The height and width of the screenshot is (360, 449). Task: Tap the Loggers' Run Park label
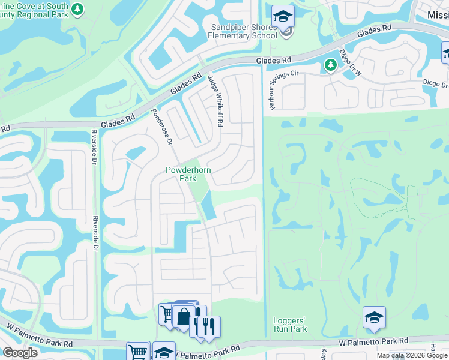(x=290, y=325)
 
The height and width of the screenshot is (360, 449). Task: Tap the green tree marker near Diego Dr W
(x=330, y=65)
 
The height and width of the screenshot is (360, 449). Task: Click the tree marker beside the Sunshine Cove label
(x=77, y=9)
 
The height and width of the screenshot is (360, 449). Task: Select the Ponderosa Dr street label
(x=162, y=127)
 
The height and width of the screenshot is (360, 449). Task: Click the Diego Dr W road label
(x=352, y=62)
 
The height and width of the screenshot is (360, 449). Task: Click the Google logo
(x=20, y=353)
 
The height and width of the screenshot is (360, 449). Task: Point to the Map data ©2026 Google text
(x=412, y=355)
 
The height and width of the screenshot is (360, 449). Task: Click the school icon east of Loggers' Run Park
(x=374, y=317)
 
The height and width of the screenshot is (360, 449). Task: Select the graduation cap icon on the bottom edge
(x=163, y=352)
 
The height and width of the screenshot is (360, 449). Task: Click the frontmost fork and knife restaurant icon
(x=209, y=327)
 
